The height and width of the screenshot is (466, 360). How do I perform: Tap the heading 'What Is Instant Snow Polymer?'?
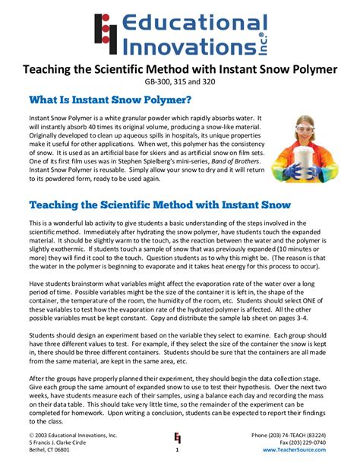[109, 100]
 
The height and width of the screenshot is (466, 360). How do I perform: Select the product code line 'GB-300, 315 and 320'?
[180, 81]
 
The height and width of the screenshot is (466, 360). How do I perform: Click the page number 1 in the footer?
[177, 449]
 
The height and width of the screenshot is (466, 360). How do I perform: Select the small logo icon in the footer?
[178, 437]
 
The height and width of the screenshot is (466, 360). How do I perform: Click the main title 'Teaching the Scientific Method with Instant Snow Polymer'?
[180, 69]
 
